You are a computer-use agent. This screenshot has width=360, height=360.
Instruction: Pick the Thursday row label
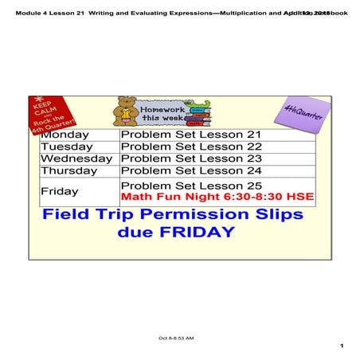69,170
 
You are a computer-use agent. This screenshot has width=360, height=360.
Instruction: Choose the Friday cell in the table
60,191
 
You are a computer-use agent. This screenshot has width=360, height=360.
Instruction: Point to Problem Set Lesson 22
190,147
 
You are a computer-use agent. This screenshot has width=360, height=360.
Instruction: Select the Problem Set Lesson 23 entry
190,158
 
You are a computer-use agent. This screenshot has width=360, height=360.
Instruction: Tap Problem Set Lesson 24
190,170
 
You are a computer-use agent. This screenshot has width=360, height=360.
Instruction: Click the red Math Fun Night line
217,197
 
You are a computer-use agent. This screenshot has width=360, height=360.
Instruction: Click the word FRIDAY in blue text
195,233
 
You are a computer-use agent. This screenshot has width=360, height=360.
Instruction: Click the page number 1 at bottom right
340,346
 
